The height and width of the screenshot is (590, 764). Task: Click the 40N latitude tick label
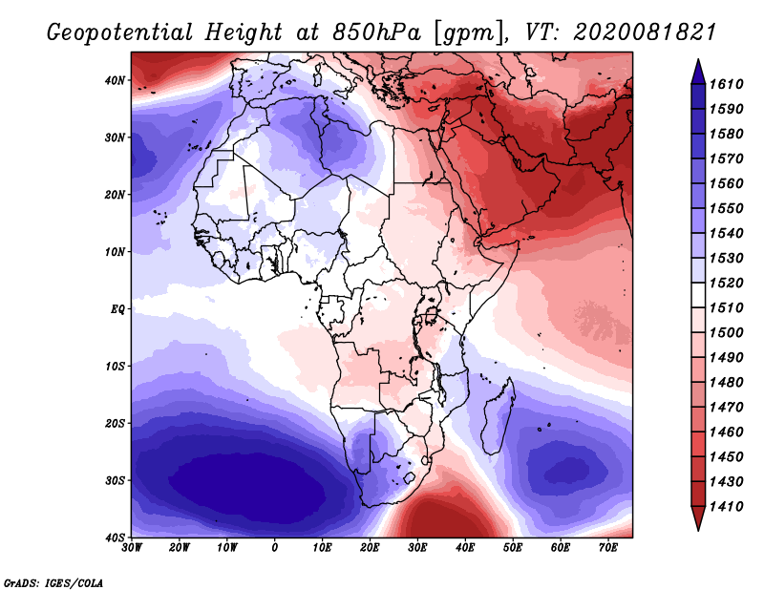(115, 80)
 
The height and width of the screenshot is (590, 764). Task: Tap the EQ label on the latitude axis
(117, 309)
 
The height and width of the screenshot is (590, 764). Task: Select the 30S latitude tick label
(115, 480)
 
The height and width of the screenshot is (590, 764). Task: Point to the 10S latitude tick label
(115, 367)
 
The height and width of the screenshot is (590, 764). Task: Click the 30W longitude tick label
(132, 548)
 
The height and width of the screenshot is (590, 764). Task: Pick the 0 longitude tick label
(275, 548)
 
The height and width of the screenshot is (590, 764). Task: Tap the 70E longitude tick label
(608, 548)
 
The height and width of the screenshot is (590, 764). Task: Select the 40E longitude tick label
(465, 548)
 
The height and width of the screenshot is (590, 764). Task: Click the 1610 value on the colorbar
(726, 84)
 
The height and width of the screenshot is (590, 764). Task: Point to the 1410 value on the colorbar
(726, 507)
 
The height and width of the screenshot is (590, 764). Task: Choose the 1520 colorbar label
(726, 283)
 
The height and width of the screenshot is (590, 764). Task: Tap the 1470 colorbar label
(726, 408)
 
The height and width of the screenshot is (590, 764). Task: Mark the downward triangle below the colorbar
(698, 517)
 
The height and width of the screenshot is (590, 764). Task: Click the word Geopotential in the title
(120, 32)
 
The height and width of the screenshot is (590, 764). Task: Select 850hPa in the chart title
(376, 32)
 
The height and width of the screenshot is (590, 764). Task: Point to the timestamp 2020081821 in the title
(645, 32)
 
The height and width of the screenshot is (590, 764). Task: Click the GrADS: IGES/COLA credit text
(53, 582)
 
